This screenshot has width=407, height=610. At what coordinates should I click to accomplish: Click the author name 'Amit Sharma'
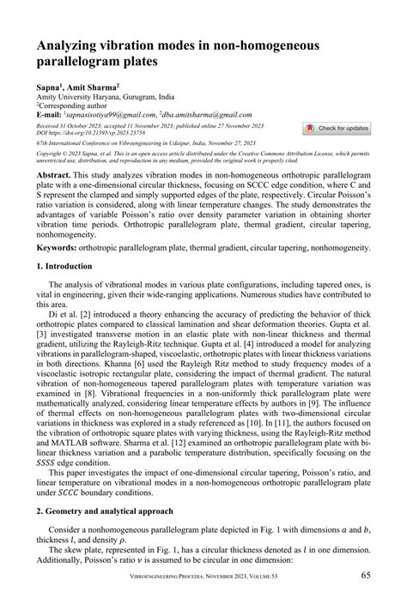coord(94,88)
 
